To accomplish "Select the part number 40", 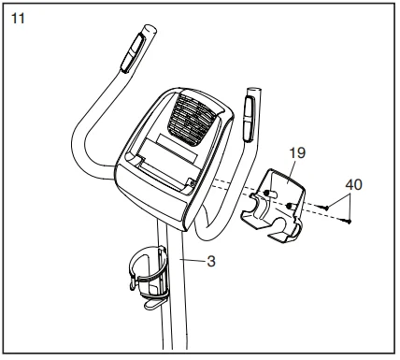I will click(353, 184).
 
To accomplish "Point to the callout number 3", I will click(211, 263).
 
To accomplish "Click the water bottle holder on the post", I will click(144, 272).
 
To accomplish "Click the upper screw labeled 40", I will click(323, 205).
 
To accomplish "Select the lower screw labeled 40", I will click(347, 221).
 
